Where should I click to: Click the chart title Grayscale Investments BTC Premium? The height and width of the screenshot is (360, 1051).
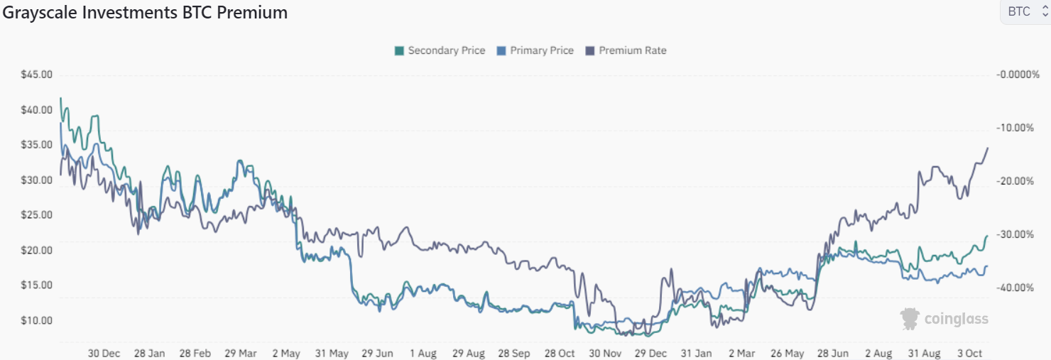[x=144, y=13]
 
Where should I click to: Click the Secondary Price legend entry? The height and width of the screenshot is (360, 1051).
[x=440, y=50]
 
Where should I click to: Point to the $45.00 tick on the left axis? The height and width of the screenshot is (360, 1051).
[x=37, y=75]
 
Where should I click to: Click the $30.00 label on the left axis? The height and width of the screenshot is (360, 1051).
[x=37, y=180]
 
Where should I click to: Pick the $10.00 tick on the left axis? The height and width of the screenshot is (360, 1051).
[x=37, y=321]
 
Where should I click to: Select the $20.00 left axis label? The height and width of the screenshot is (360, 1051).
[x=37, y=251]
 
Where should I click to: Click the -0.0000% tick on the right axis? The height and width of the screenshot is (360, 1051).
[x=1018, y=75]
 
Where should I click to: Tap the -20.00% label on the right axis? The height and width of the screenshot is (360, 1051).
[x=1019, y=181]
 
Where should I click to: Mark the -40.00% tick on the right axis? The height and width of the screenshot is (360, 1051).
[x=1019, y=288]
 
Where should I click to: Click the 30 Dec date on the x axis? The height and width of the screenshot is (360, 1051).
[x=104, y=353]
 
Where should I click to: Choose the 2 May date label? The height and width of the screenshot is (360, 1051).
[x=287, y=353]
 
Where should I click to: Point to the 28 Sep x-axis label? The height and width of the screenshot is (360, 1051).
[x=513, y=353]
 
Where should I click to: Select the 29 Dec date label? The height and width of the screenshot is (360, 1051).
[x=650, y=353]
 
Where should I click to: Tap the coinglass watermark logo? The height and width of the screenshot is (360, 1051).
[x=944, y=319]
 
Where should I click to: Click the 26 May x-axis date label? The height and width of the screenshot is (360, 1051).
[x=787, y=353]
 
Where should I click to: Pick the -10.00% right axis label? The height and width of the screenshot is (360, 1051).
[x=1019, y=128]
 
